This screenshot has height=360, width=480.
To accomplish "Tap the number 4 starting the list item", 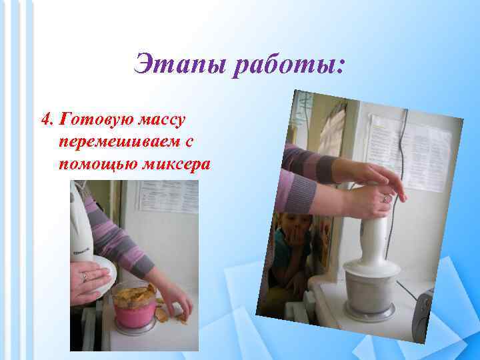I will pos(45,119).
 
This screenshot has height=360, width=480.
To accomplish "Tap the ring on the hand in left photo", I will pos(84,276).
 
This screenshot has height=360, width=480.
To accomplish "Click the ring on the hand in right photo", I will pos(385,198).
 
